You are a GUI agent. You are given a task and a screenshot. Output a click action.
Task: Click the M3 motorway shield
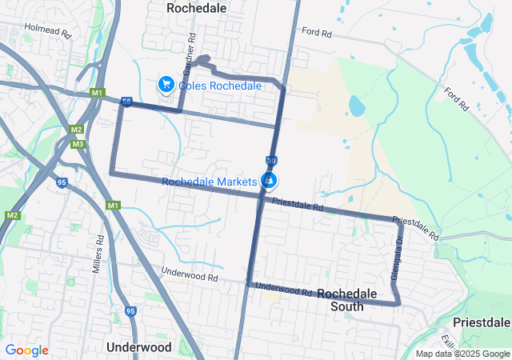point(78,144)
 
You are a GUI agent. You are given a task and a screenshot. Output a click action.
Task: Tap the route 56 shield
point(126,102)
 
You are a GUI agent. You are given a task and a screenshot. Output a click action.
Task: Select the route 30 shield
point(271,160)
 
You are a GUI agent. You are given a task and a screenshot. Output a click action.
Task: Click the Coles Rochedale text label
point(220,85)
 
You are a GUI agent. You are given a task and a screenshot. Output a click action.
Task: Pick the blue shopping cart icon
point(166,84)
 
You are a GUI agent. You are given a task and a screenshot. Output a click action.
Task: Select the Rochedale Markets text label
point(210,182)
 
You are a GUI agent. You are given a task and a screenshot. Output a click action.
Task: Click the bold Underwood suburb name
point(138,347)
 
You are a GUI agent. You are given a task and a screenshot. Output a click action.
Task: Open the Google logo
point(26,350)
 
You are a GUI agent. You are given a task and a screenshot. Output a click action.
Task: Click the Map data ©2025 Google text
point(462,354)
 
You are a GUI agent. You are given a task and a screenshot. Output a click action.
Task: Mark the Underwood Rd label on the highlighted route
point(284,290)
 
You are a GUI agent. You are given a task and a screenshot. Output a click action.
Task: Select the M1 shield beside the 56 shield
point(98,93)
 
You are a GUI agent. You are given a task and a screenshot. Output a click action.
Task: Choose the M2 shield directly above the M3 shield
point(77,130)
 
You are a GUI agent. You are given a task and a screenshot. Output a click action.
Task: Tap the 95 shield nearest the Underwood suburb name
point(130,311)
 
